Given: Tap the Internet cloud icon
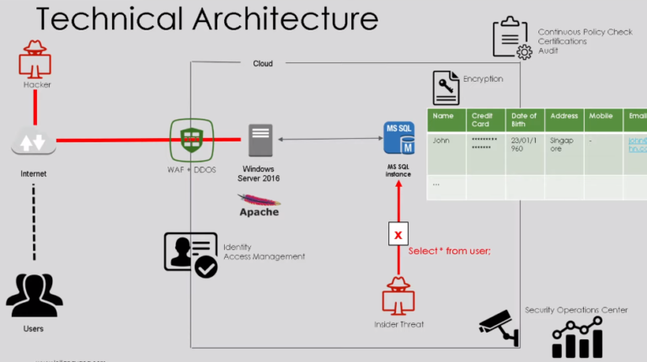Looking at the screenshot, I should point(34,142).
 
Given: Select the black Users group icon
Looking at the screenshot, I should point(34,295).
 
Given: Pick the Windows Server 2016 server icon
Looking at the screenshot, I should point(260,139).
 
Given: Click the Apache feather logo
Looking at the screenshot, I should point(259,202).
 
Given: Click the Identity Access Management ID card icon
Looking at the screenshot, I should point(190,254).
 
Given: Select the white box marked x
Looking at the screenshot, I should point(398,234).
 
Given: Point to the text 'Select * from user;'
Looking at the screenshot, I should point(449,251).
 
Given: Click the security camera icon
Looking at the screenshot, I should point(499,327).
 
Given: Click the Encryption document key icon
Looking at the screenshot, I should point(446,87).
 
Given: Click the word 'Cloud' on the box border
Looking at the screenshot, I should point(263,63).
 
